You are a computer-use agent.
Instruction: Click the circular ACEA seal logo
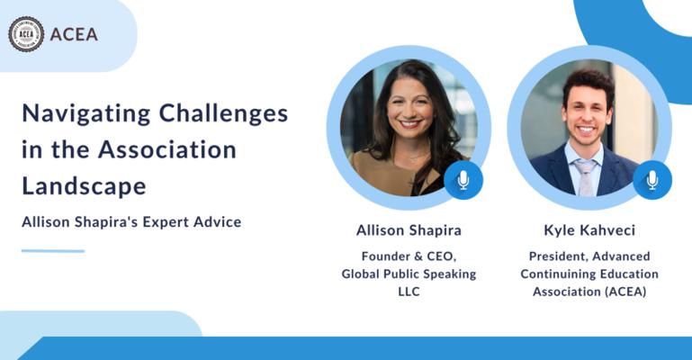[x=26, y=34]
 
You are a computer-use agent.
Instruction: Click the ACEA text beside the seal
[x=74, y=34]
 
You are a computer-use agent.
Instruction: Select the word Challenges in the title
[x=223, y=112]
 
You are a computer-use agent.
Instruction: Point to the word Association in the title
[x=167, y=149]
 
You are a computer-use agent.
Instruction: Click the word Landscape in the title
[x=84, y=185]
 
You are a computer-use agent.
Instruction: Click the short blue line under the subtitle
[x=53, y=251]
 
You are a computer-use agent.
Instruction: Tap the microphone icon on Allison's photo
[x=463, y=180]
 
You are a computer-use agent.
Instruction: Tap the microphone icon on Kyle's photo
[x=652, y=180]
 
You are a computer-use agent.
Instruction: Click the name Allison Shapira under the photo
[x=409, y=230]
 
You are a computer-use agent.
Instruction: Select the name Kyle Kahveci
[x=589, y=229]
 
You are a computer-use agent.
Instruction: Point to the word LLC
[x=409, y=292]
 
